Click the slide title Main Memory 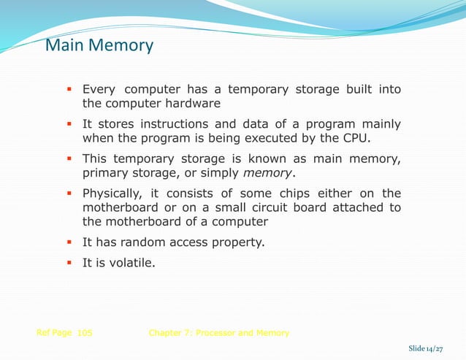click(99, 46)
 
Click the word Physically click(112, 194)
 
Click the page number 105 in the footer click(84, 333)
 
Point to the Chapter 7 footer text click(218, 333)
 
